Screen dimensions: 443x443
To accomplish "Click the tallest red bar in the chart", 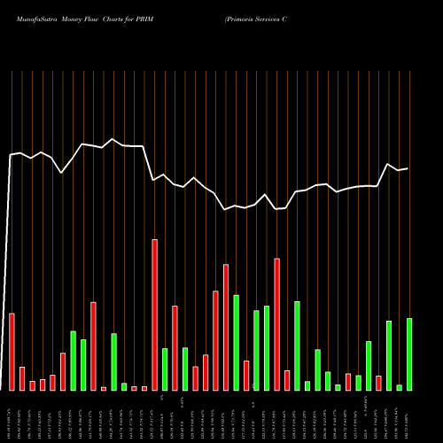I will coord(155,315).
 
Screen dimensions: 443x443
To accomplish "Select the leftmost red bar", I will coord(12,352).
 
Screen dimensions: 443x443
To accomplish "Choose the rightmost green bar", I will coord(409,354).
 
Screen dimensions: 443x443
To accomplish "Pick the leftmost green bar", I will coord(74,361).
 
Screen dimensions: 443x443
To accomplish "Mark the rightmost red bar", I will coord(378,383).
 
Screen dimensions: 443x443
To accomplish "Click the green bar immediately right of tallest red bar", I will coord(165,369).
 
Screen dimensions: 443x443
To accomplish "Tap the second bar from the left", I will coord(22,378).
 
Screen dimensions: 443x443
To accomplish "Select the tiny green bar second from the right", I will coord(399,387).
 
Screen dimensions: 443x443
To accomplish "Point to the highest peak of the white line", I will coord(113,139).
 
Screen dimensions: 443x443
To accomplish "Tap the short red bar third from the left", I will coord(33,385).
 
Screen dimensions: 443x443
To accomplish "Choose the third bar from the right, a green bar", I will coord(389,355).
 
